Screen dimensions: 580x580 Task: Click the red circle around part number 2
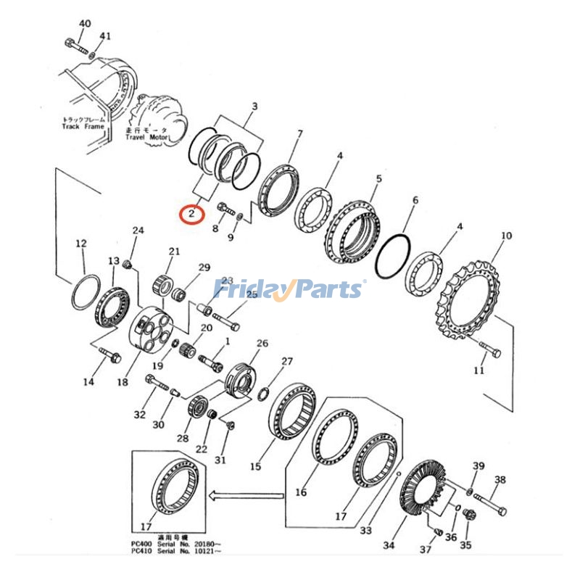coord(191,214)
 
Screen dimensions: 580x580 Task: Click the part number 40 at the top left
coord(85,24)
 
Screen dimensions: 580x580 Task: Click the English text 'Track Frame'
coord(83,126)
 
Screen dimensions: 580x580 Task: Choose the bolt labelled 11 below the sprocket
coord(490,352)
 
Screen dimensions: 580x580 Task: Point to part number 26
coord(262,344)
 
